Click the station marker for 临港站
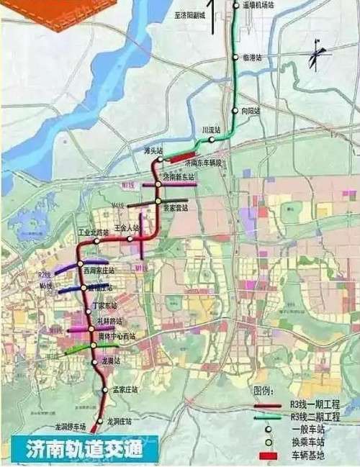(235, 57)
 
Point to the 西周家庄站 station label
(99, 270)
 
